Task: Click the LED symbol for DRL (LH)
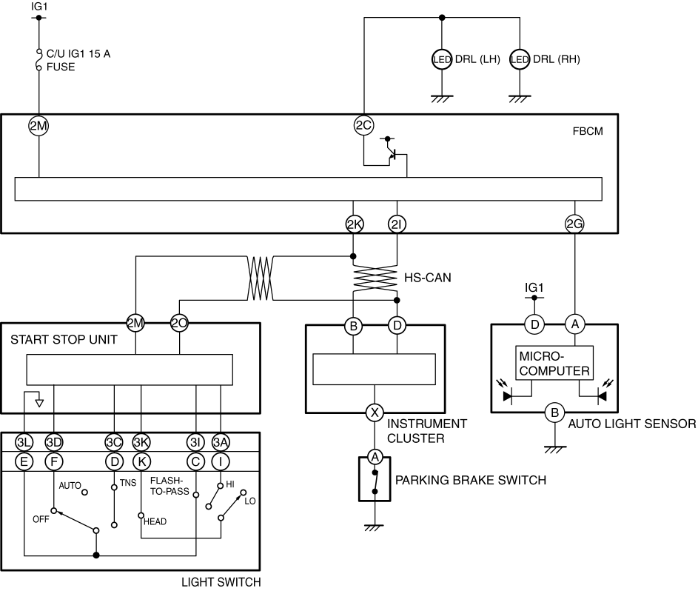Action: click(442, 59)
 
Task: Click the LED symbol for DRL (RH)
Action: click(520, 59)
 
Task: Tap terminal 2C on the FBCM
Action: click(363, 126)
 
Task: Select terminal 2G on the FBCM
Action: click(574, 224)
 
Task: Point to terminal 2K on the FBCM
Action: click(355, 224)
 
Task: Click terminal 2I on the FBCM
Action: click(397, 224)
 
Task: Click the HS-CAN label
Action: click(427, 278)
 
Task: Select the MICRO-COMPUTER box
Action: click(554, 363)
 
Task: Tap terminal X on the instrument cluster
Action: click(375, 413)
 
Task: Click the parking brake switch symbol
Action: click(375, 478)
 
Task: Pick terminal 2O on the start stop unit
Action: click(179, 323)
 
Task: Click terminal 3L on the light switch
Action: click(24, 442)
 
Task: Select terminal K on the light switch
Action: click(141, 461)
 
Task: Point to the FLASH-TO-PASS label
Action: click(170, 486)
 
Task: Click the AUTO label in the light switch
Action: click(70, 485)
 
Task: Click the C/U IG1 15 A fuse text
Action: click(78, 60)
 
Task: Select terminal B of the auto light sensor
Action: click(554, 413)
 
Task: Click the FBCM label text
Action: click(588, 131)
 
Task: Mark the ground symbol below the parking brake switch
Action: click(374, 528)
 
